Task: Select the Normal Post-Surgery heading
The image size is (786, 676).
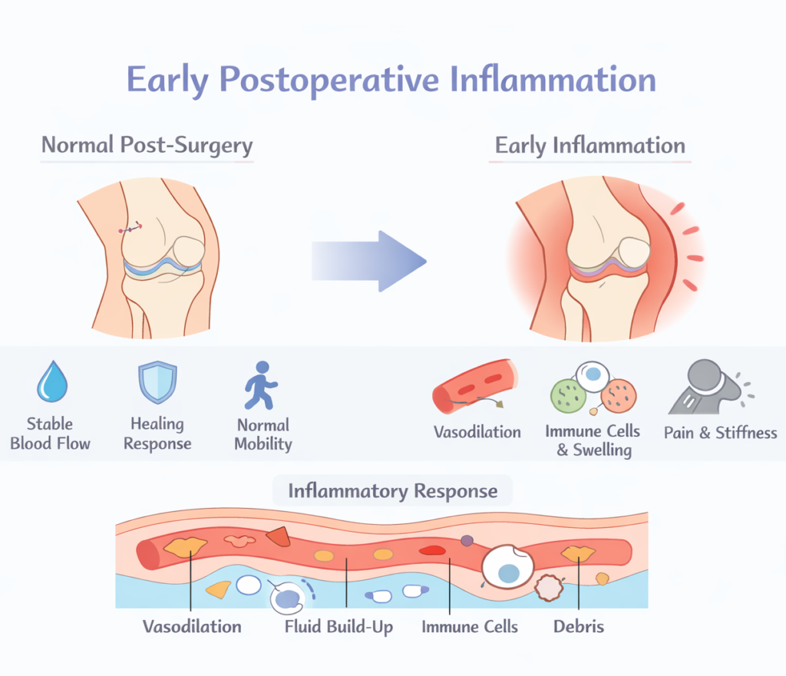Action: (147, 145)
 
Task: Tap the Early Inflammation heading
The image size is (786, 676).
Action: (589, 146)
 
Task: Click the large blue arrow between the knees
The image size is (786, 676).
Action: (368, 260)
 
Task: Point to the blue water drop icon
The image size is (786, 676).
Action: (52, 384)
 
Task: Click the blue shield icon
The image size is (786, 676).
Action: (157, 383)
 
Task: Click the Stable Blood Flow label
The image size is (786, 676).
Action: (51, 433)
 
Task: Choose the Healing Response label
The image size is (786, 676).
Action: (157, 434)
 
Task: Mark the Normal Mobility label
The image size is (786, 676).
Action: (263, 434)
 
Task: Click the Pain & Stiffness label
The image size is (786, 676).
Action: (720, 433)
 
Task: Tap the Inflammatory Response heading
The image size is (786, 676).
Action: (392, 491)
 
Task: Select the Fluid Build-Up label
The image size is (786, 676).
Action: (339, 627)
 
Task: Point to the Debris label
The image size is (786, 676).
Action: (579, 627)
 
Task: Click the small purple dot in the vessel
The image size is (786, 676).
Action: (467, 541)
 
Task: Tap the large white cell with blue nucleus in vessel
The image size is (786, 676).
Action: (507, 569)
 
